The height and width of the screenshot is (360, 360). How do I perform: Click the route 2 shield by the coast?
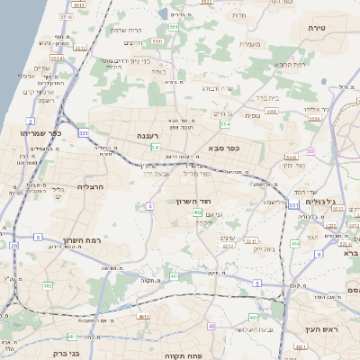[x=31, y=120]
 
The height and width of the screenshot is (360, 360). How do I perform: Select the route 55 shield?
[x=310, y=151]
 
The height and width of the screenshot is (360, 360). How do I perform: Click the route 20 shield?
[x=13, y=245]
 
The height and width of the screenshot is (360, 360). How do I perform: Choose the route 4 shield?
[x=148, y=206]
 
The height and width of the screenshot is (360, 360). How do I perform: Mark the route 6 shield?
[x=318, y=255]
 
